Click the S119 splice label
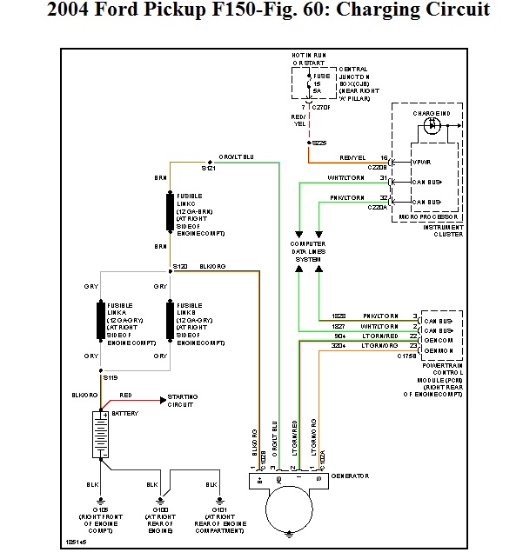(x=110, y=378)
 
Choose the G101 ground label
(x=211, y=509)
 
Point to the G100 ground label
(x=160, y=509)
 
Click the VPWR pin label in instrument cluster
(x=421, y=162)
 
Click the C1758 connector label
(x=406, y=356)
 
